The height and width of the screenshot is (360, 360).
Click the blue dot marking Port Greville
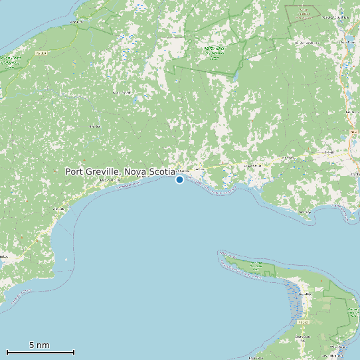(179, 179)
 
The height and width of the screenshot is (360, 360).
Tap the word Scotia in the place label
(161, 171)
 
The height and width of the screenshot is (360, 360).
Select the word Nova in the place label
(134, 171)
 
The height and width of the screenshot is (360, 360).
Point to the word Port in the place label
(74, 171)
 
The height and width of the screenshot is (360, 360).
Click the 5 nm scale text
(39, 345)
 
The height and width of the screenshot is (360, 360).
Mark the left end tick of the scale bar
(7, 352)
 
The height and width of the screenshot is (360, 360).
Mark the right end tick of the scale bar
(74, 352)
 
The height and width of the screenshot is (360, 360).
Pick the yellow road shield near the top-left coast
(42, 52)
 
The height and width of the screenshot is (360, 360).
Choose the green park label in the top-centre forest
(213, 52)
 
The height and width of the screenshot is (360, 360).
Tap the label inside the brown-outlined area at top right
(304, 11)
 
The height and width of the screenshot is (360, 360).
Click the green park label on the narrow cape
(256, 266)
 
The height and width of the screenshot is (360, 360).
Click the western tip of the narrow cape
(220, 252)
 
